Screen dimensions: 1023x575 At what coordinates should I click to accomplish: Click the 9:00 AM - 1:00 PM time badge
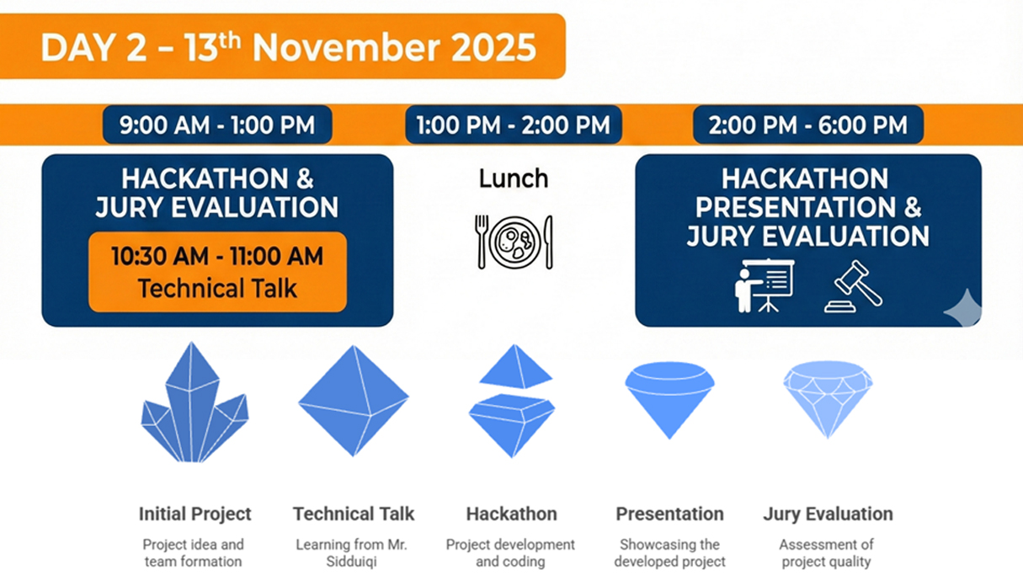217,125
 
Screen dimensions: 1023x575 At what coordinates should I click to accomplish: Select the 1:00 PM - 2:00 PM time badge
514,125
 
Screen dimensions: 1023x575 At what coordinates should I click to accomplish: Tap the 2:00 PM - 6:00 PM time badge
808,125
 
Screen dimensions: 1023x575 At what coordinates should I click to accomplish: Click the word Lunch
514,178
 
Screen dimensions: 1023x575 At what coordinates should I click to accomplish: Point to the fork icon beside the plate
482,242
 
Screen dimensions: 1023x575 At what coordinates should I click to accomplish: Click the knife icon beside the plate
548,242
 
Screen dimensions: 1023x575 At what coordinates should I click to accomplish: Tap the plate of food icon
515,242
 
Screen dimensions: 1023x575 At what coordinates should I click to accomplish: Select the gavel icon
853,286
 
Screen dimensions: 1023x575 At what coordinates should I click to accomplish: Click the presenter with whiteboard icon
765,286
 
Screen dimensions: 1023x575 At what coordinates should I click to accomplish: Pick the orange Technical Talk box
217,272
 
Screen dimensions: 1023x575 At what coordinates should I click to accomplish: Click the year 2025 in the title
493,47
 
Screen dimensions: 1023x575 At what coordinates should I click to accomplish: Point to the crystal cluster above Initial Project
194,402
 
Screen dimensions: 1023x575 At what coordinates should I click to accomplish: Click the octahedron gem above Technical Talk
354,401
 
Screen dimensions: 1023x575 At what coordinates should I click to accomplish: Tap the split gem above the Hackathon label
512,401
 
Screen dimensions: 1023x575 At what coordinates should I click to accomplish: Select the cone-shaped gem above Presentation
669,400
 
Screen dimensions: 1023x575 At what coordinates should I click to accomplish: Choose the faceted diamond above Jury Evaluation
828,400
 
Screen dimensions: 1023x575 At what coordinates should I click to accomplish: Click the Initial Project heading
195,514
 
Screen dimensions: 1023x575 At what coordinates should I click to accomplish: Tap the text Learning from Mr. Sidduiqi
351,552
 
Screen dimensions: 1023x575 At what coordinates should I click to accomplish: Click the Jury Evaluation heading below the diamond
828,514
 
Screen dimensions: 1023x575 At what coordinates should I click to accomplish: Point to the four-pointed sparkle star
963,308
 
